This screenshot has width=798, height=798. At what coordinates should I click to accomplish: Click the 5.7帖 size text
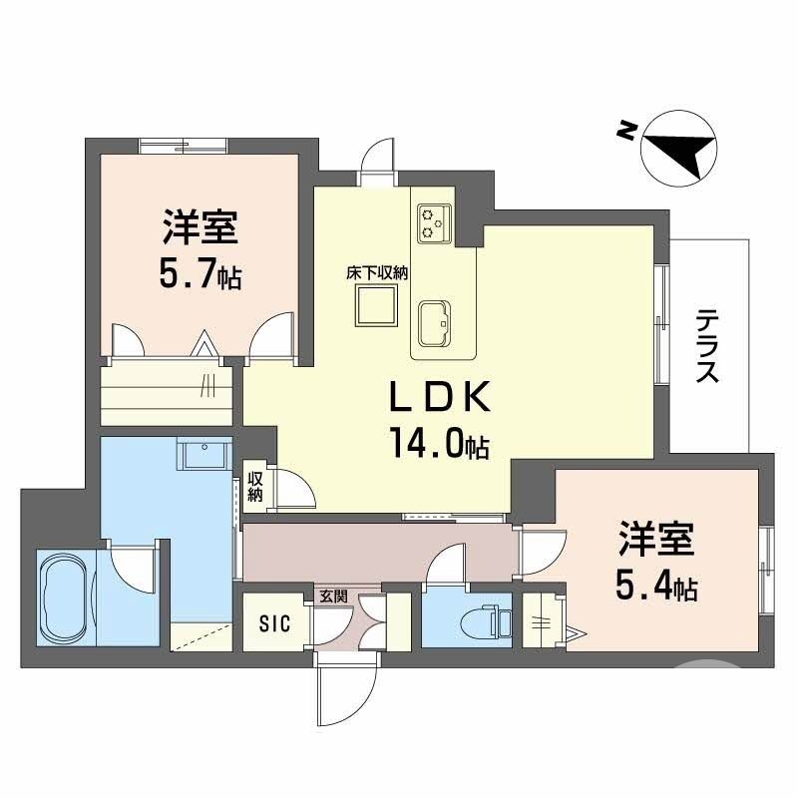199,275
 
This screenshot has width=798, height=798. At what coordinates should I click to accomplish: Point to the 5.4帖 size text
655,588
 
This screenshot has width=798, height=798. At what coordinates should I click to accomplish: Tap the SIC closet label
274,624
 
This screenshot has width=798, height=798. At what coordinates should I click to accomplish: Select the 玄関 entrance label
332,598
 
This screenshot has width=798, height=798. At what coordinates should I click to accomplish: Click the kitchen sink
435,323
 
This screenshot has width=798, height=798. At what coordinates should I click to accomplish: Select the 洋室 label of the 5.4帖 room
655,541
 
